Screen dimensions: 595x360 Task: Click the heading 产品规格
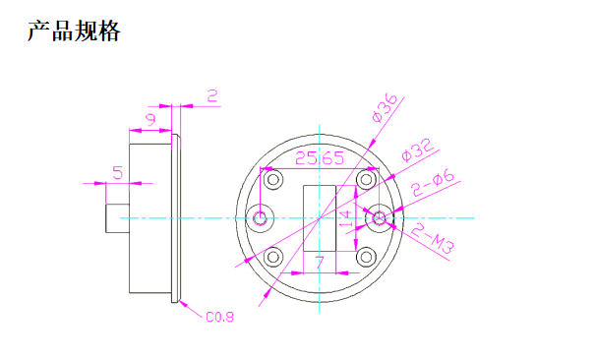pyautogui.click(x=74, y=30)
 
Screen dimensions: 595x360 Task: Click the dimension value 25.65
pyautogui.click(x=320, y=158)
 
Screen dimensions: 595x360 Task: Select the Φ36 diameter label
pyautogui.click(x=385, y=108)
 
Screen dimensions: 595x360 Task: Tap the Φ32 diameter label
pyautogui.click(x=417, y=150)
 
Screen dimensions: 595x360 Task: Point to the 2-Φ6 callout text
pyautogui.click(x=433, y=183)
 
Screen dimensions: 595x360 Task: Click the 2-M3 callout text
pyautogui.click(x=433, y=239)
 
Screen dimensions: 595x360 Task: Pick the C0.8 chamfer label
pyautogui.click(x=219, y=317)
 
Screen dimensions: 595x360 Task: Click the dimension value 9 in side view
pyautogui.click(x=151, y=120)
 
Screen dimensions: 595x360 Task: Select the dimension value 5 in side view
pyautogui.click(x=118, y=172)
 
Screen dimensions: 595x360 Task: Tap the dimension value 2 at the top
pyautogui.click(x=212, y=96)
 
